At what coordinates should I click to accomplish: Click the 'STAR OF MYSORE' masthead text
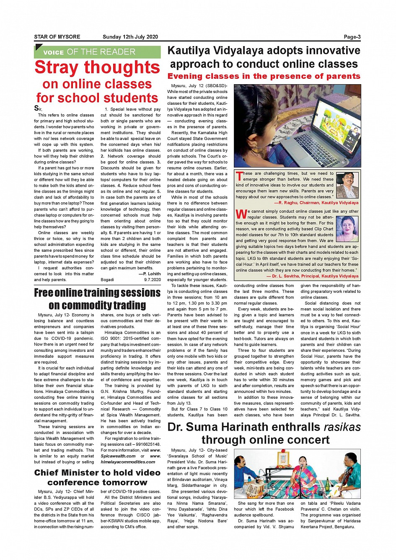[x=57, y=37]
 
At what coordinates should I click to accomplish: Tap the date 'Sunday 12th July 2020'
[x=130, y=37]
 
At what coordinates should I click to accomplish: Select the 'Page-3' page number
[x=352, y=37]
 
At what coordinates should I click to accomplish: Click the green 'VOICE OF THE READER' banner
[x=97, y=52]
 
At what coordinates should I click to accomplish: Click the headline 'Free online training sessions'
[x=97, y=292]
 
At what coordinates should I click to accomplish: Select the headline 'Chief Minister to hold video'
[x=97, y=472]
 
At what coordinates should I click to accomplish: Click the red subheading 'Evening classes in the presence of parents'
[x=264, y=76]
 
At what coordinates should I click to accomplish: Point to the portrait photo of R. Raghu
[x=347, y=185]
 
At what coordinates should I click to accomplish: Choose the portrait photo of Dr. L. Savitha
[x=347, y=229]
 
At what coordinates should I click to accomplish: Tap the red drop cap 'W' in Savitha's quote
[x=241, y=214]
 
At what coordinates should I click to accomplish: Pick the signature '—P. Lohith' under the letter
[x=150, y=274]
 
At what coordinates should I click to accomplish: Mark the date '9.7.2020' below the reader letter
[x=152, y=279]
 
